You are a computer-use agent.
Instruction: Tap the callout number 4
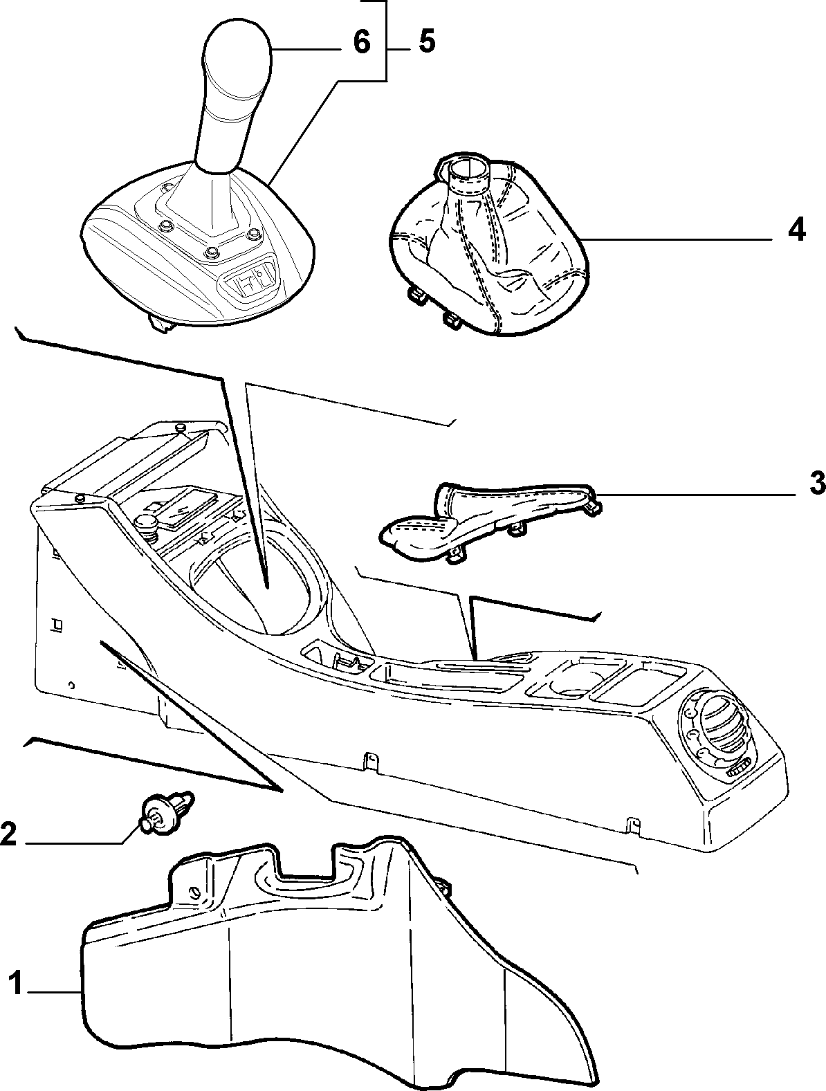796,230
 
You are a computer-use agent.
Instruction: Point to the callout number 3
816,483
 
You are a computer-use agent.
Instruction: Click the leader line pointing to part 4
679,240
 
